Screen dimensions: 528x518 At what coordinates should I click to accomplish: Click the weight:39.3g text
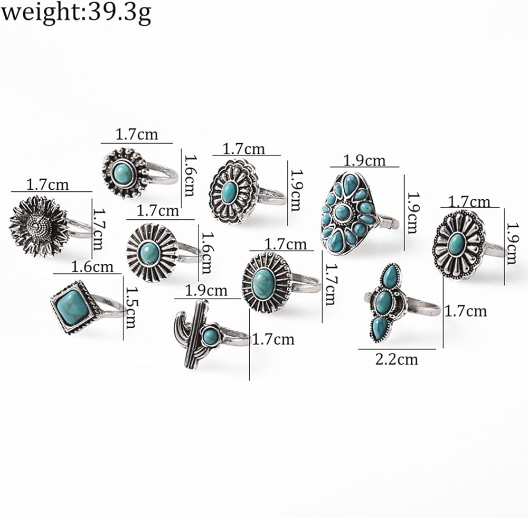coord(76,14)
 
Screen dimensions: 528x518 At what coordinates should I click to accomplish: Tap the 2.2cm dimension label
coord(397,359)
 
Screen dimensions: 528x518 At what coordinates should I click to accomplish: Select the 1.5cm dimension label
coord(130,307)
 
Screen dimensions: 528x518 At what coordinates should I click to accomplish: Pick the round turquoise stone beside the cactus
coord(211,335)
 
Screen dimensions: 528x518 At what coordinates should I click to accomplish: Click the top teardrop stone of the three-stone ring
coord(391,276)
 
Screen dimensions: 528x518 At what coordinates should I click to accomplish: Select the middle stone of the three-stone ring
coord(384,302)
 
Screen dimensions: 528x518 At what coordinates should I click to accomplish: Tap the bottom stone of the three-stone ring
coord(380,328)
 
